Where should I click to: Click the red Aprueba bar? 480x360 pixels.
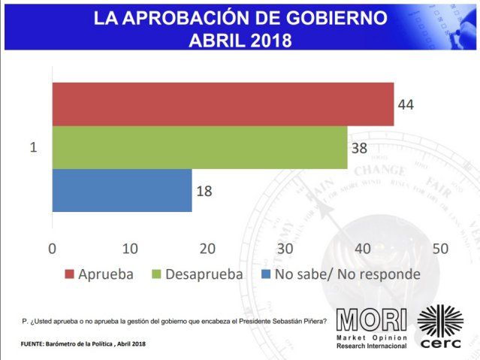(222, 104)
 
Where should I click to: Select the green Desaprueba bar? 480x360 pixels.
(200, 147)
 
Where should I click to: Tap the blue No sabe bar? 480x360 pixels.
(122, 190)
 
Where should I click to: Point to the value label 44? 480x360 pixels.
(407, 104)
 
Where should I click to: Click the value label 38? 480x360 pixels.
(361, 147)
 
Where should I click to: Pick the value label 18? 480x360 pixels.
(204, 191)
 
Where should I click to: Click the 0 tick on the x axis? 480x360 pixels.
(52, 249)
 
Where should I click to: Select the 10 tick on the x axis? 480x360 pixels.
(129, 249)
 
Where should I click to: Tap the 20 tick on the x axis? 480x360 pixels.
(207, 249)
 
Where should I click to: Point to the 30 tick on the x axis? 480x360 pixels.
(285, 249)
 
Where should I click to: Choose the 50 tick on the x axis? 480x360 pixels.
(440, 249)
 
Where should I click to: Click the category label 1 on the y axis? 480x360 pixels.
(33, 147)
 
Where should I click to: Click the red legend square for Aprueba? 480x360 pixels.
(68, 274)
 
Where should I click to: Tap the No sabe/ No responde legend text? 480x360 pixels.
(347, 274)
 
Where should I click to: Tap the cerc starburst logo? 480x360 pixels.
(439, 321)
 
